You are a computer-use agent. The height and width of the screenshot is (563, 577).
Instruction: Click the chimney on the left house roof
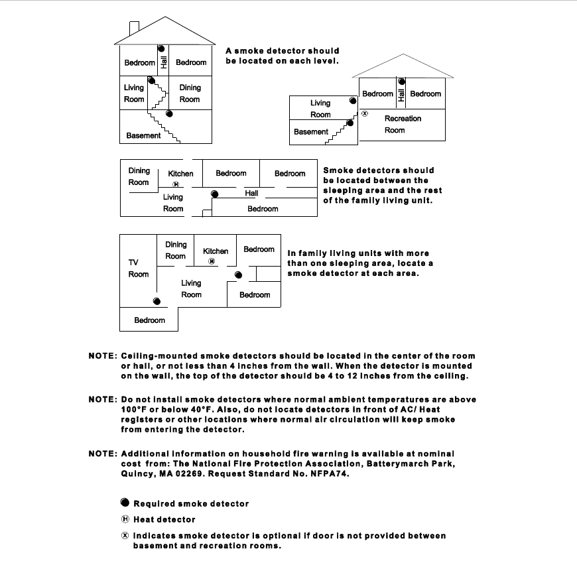(134, 27)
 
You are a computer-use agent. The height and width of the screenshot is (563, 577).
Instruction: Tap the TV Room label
(139, 268)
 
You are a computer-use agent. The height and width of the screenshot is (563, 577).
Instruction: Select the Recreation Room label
(403, 124)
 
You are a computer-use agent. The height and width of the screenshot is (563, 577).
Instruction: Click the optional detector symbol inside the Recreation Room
(364, 113)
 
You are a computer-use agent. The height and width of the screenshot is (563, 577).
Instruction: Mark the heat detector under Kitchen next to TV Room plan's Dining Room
(211, 261)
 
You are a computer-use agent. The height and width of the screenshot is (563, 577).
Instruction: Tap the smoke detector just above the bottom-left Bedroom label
(157, 301)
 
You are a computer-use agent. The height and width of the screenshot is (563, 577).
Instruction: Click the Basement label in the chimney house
(143, 135)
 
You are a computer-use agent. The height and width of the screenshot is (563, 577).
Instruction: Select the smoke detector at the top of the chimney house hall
(161, 48)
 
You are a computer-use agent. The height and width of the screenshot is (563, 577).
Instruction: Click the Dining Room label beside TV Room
(176, 250)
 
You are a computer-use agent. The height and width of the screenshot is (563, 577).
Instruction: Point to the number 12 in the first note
(392, 376)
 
